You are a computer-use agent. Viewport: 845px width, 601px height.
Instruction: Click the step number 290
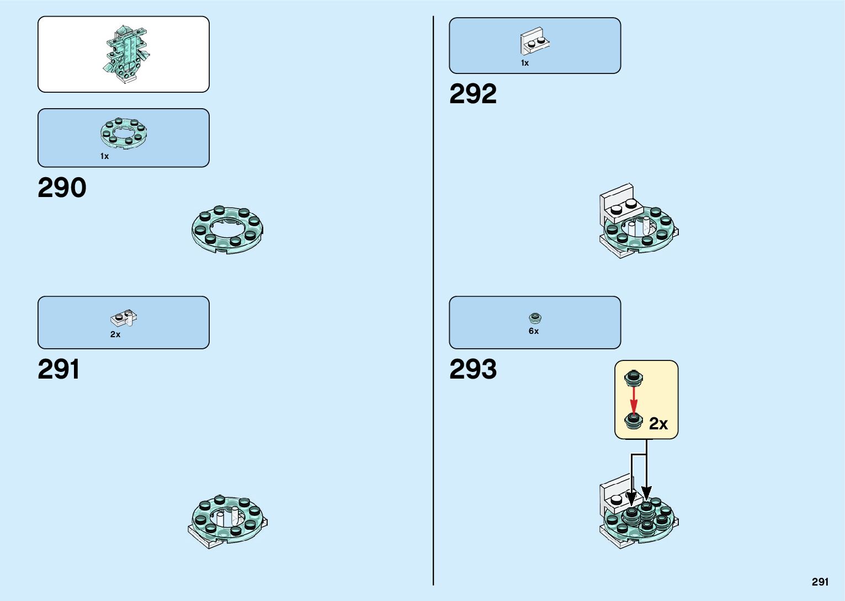click(62, 188)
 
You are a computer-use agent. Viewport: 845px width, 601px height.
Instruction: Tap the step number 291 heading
click(59, 370)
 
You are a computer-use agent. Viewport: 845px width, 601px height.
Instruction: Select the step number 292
click(472, 94)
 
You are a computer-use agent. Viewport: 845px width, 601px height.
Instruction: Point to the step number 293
click(472, 370)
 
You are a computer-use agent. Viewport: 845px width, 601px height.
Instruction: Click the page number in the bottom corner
click(820, 582)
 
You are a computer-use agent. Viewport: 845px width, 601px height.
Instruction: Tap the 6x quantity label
click(534, 331)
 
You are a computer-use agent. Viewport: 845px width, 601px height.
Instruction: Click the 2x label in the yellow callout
click(658, 424)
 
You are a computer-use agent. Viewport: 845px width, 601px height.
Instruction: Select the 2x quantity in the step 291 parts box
click(115, 334)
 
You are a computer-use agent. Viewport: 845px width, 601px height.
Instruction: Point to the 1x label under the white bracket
click(524, 63)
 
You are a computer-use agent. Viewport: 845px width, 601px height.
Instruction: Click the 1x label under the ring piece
click(104, 156)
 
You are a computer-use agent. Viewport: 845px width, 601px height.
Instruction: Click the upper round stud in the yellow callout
click(634, 378)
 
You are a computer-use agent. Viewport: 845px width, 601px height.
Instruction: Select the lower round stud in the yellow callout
click(634, 421)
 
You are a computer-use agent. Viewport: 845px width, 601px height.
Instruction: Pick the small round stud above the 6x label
click(535, 318)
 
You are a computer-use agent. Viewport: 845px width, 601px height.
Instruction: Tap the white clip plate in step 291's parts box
click(124, 318)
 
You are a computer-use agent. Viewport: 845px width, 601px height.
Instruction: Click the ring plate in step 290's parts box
click(124, 133)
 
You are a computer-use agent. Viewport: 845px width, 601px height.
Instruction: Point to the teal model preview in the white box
click(126, 54)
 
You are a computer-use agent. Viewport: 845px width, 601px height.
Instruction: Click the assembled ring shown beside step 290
click(227, 230)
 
